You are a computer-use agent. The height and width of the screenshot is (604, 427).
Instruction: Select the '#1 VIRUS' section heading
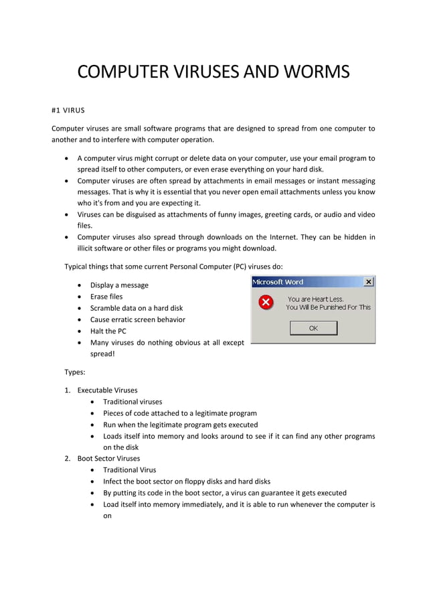68,110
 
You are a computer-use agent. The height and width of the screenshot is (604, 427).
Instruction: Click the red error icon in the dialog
266,303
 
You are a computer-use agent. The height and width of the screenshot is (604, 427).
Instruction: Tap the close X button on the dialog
368,282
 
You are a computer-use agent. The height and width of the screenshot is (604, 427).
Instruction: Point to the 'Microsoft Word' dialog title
278,282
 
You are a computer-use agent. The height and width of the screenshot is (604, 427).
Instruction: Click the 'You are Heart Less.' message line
315,299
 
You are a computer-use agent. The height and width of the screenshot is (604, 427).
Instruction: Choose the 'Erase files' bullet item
106,296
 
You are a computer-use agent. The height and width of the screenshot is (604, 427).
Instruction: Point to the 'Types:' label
75,372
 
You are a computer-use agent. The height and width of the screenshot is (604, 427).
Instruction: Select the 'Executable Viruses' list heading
107,390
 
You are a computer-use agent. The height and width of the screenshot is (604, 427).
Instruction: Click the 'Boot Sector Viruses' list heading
108,458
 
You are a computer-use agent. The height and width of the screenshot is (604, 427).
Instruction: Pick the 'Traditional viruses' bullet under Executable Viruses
133,401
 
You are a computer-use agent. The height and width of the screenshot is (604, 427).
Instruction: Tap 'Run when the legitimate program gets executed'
180,424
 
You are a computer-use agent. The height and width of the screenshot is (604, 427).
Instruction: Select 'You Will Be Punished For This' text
328,307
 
